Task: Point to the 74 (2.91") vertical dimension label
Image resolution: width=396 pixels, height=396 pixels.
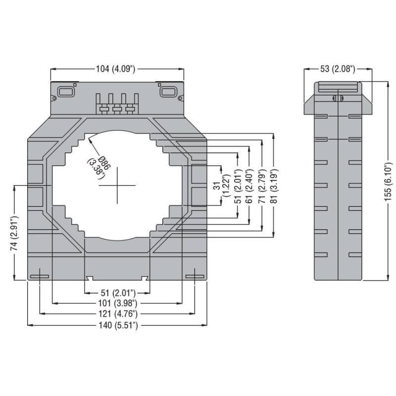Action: (16, 233)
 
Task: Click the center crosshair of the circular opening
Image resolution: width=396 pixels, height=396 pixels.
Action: (117, 186)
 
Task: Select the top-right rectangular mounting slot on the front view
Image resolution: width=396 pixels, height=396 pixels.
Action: (167, 92)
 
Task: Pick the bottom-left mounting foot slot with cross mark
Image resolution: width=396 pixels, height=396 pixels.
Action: (39, 276)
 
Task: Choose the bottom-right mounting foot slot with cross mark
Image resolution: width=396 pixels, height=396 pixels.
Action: (195, 276)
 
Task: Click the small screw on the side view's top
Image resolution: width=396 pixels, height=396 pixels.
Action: (336, 99)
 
